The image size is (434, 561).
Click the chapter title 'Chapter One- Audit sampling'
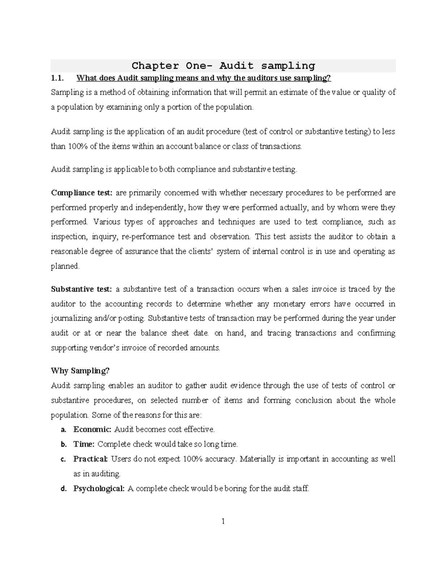coord(223,66)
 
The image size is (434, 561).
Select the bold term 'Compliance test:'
coord(82,193)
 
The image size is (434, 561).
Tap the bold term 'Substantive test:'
coord(82,289)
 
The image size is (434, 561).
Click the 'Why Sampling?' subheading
coord(80,371)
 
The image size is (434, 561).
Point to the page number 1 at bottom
coord(223,521)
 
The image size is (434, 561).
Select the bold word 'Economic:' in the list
coord(92,430)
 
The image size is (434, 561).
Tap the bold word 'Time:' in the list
coord(84,444)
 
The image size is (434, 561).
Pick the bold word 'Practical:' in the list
coord(90,459)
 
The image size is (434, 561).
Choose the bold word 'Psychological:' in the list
coord(99,489)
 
